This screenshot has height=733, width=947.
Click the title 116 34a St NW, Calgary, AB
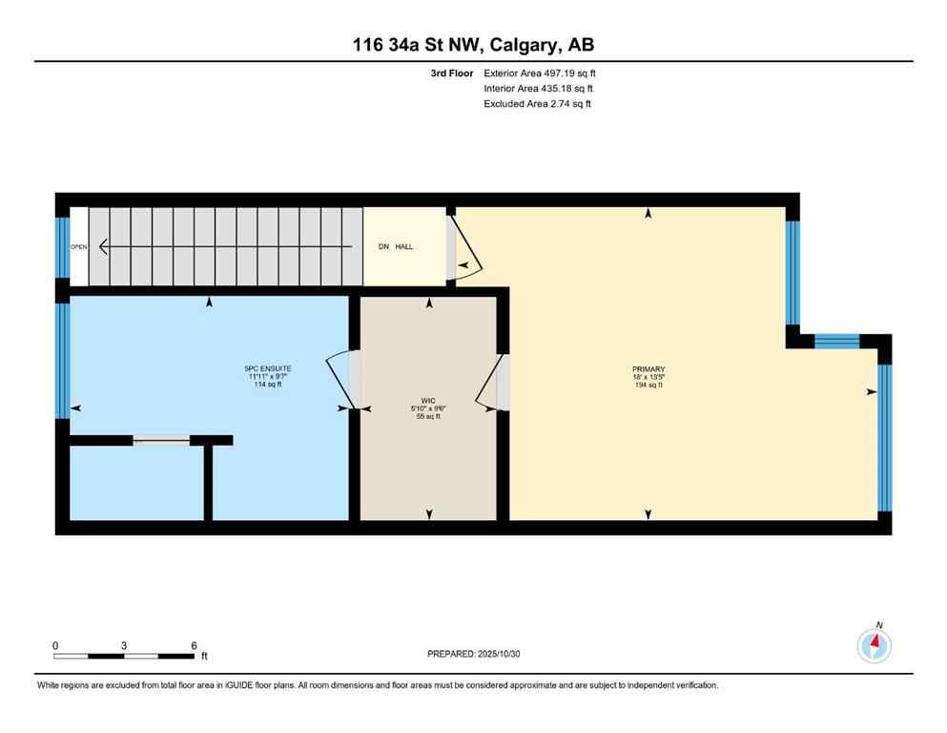[473, 44]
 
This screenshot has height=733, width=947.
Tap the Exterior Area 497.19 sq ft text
[540, 73]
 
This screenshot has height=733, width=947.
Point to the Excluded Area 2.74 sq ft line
[537, 104]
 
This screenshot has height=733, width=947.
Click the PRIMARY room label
[648, 369]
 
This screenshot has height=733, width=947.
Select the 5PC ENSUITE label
[268, 368]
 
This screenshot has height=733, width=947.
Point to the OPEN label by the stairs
[79, 247]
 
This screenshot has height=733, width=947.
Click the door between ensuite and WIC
[343, 380]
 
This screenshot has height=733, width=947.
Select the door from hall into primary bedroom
[463, 247]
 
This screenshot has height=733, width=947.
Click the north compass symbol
[874, 645]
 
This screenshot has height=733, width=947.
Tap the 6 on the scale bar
[194, 645]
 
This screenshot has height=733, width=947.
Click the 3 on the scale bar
[124, 645]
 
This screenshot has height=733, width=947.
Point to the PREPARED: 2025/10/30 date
[474, 654]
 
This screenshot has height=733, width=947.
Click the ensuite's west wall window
[62, 361]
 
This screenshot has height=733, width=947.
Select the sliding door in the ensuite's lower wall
[161, 440]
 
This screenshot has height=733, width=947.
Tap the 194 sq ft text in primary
[648, 385]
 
